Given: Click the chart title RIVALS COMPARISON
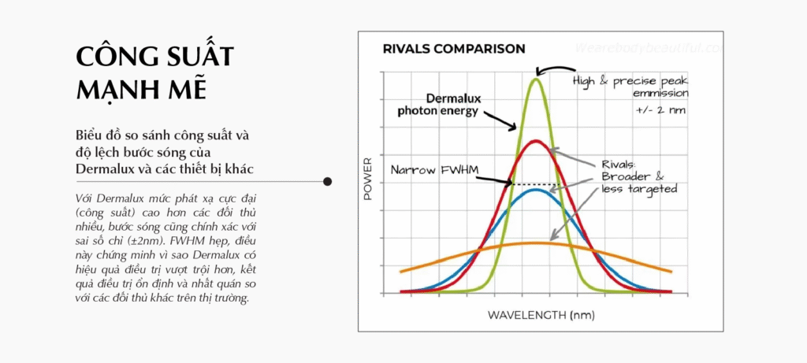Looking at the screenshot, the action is tap(454, 50).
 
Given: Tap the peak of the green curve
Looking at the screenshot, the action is tap(536, 79).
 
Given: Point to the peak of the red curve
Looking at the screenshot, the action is tap(536, 141).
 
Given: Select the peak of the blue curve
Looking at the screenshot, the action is tap(536, 190).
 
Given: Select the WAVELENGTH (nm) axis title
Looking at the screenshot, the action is tap(541, 315).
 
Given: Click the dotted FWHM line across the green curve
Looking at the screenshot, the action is tap(536, 184).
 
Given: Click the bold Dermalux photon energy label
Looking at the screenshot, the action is tap(438, 105).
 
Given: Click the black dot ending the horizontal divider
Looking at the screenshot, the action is tap(327, 181).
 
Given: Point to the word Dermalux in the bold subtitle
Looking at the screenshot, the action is tap(106, 169).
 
